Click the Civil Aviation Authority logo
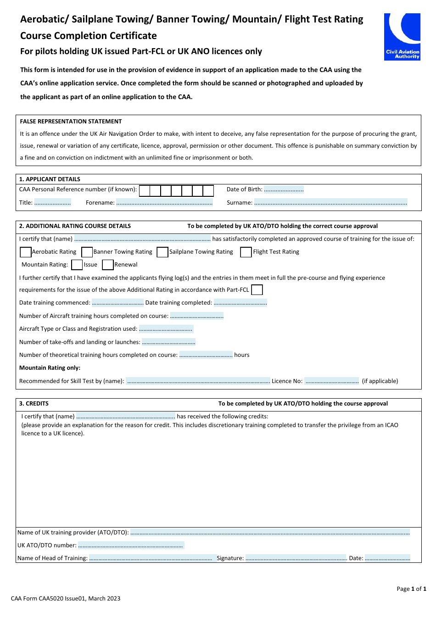402,37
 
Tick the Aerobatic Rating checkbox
26,252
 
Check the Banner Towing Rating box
87,252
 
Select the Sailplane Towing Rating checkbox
162,252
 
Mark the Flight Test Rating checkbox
246,252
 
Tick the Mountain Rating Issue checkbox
77,265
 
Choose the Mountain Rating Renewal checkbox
108,265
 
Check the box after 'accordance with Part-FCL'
257,290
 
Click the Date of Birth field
284,189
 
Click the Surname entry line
330,202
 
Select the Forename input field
164,202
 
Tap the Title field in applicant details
52,202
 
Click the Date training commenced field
117,303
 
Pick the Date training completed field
240,303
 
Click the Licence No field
331,381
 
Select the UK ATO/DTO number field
131,545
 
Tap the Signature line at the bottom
296,558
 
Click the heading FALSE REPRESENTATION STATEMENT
71,122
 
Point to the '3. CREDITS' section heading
34,404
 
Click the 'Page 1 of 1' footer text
411,589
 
